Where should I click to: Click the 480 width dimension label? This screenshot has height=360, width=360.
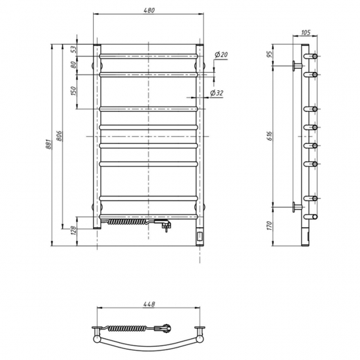(x=149, y=10)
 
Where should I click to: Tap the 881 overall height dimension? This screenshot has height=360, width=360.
(x=48, y=144)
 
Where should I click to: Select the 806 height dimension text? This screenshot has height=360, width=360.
(x=59, y=136)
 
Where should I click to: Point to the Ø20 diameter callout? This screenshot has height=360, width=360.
(x=221, y=54)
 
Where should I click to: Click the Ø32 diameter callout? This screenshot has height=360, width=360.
(x=217, y=93)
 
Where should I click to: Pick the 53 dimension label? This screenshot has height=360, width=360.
(x=73, y=49)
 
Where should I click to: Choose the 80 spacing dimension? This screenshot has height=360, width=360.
(x=73, y=65)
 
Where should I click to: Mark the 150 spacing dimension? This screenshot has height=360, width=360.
(x=73, y=91)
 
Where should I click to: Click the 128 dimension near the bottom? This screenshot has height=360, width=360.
(x=73, y=230)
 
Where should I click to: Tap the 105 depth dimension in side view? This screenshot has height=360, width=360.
(x=306, y=33)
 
